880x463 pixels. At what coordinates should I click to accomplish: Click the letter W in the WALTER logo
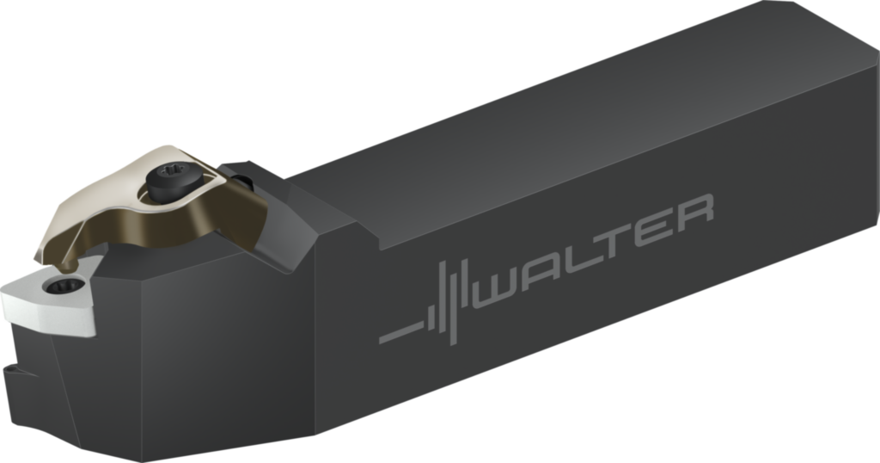click(504, 281)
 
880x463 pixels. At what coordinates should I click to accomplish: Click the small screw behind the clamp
click(244, 182)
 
